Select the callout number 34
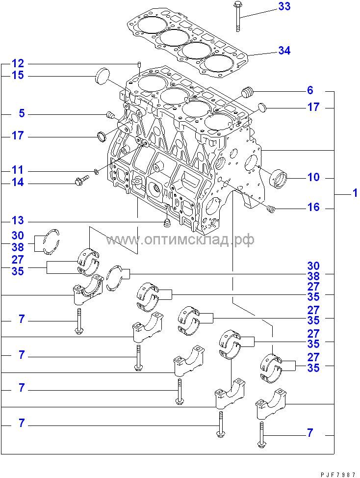pyautogui.click(x=284, y=51)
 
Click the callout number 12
pyautogui.click(x=18, y=63)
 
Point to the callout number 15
pyautogui.click(x=18, y=76)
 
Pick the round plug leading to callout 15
pyautogui.click(x=101, y=76)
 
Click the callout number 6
pyautogui.click(x=309, y=90)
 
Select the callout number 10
pyautogui.click(x=313, y=177)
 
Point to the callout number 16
pyautogui.click(x=313, y=208)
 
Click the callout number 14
pyautogui.click(x=18, y=183)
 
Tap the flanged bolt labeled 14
pyautogui.click(x=79, y=182)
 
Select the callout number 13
pyautogui.click(x=18, y=221)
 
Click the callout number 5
pyautogui.click(x=21, y=114)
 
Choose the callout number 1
pyautogui.click(x=354, y=194)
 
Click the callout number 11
pyautogui.click(x=18, y=170)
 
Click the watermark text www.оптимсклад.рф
pyautogui.click(x=180, y=240)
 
